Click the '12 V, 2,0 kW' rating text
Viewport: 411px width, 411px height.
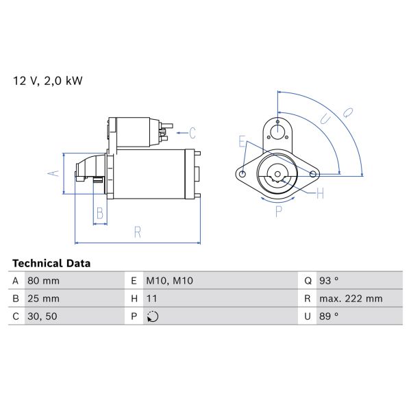(x=47, y=81)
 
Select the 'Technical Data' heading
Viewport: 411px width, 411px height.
(x=51, y=263)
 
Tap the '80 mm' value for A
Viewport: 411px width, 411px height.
(x=43, y=281)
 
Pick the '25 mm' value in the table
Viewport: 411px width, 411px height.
(x=43, y=299)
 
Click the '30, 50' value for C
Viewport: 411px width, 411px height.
(x=41, y=316)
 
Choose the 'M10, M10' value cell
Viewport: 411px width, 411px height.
(x=170, y=281)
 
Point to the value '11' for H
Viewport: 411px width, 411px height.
(x=152, y=299)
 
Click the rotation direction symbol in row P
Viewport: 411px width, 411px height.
(x=153, y=316)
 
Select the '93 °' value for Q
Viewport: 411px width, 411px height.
(x=328, y=281)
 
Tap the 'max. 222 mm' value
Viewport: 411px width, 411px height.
(x=351, y=299)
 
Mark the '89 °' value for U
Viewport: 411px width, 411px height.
(x=328, y=316)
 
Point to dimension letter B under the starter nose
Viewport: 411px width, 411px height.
(x=100, y=213)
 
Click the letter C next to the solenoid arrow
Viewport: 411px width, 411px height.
(x=192, y=132)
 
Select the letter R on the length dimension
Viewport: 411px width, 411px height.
(x=137, y=232)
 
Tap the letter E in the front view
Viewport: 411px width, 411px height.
(x=242, y=142)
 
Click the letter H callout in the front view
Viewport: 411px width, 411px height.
(x=320, y=195)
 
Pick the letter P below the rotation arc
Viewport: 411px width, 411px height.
(x=278, y=212)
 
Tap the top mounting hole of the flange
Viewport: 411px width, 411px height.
(x=277, y=131)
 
